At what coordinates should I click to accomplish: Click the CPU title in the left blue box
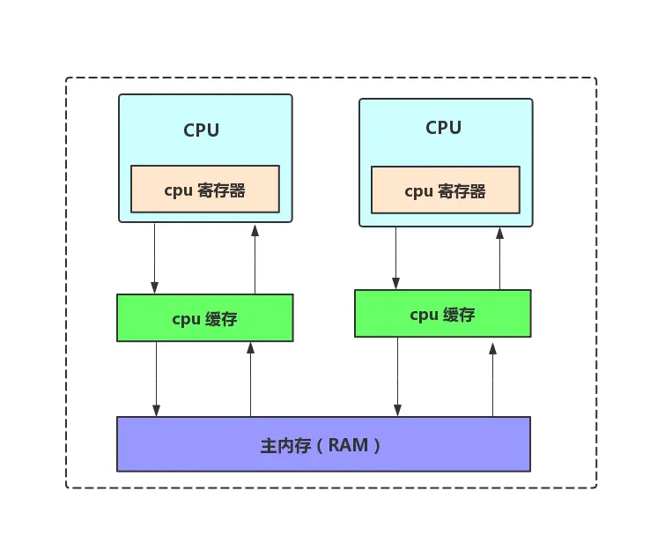click(201, 130)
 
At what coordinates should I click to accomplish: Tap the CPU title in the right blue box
click(443, 128)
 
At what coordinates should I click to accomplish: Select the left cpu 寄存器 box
click(204, 190)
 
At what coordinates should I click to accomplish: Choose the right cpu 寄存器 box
click(445, 190)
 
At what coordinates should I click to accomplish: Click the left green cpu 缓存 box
click(204, 318)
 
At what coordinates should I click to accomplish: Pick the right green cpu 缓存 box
click(442, 314)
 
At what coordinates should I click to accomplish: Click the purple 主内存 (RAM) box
click(323, 444)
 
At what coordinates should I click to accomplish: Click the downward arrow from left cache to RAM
click(156, 379)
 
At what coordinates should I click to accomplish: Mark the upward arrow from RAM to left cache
click(251, 379)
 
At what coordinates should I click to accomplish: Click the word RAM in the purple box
click(348, 445)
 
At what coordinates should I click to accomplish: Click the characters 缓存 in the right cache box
click(459, 315)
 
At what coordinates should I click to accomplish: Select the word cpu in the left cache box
click(186, 319)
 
